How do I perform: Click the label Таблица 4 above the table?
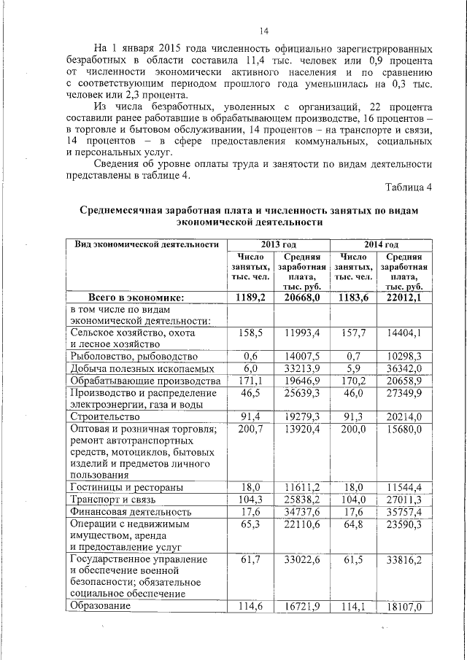[x=407, y=187]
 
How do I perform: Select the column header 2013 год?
[x=277, y=244]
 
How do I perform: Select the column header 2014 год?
[x=381, y=244]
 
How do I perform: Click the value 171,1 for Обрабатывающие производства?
[x=250, y=381]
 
